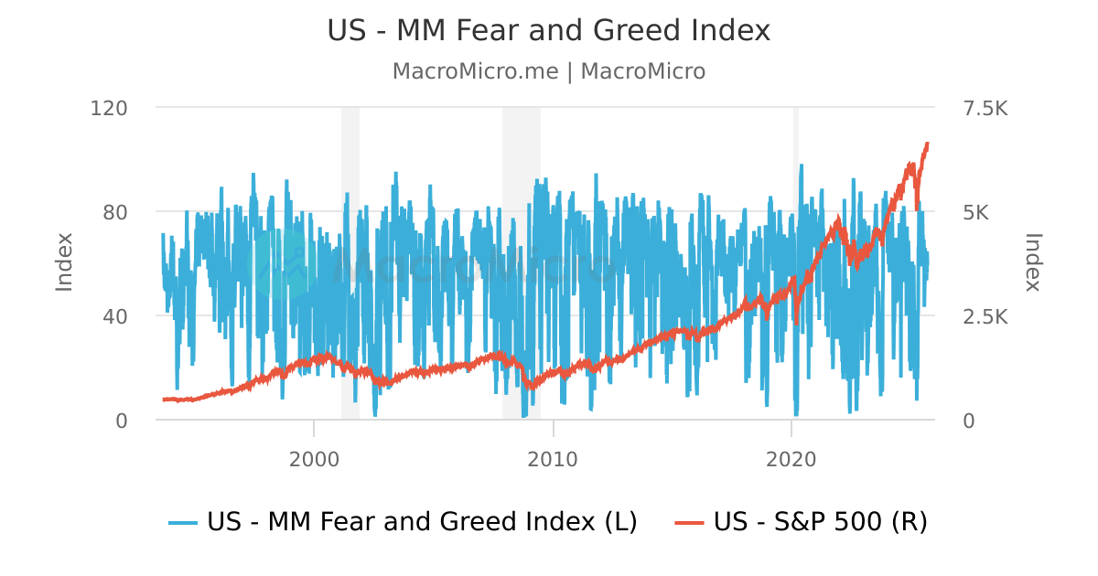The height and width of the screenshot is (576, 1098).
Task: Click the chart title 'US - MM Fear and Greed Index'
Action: [549, 30]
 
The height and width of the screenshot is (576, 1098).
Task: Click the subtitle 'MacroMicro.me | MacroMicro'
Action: [549, 71]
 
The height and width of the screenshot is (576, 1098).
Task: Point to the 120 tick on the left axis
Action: [109, 108]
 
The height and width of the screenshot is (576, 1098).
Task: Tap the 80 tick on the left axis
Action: [114, 212]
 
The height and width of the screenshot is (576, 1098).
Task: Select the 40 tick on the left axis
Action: [114, 316]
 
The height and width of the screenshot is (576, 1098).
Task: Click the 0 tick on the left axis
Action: [120, 421]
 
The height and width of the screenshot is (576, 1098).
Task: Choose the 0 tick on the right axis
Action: [969, 421]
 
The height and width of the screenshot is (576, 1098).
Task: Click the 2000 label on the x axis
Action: [314, 459]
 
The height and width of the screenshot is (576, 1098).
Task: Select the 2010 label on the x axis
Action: [553, 459]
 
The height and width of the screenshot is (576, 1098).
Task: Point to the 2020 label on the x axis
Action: [791, 459]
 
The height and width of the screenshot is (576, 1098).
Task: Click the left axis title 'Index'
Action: [64, 263]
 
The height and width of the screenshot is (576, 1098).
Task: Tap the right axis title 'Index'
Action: [1033, 263]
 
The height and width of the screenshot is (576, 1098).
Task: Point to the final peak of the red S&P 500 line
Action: [927, 144]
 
